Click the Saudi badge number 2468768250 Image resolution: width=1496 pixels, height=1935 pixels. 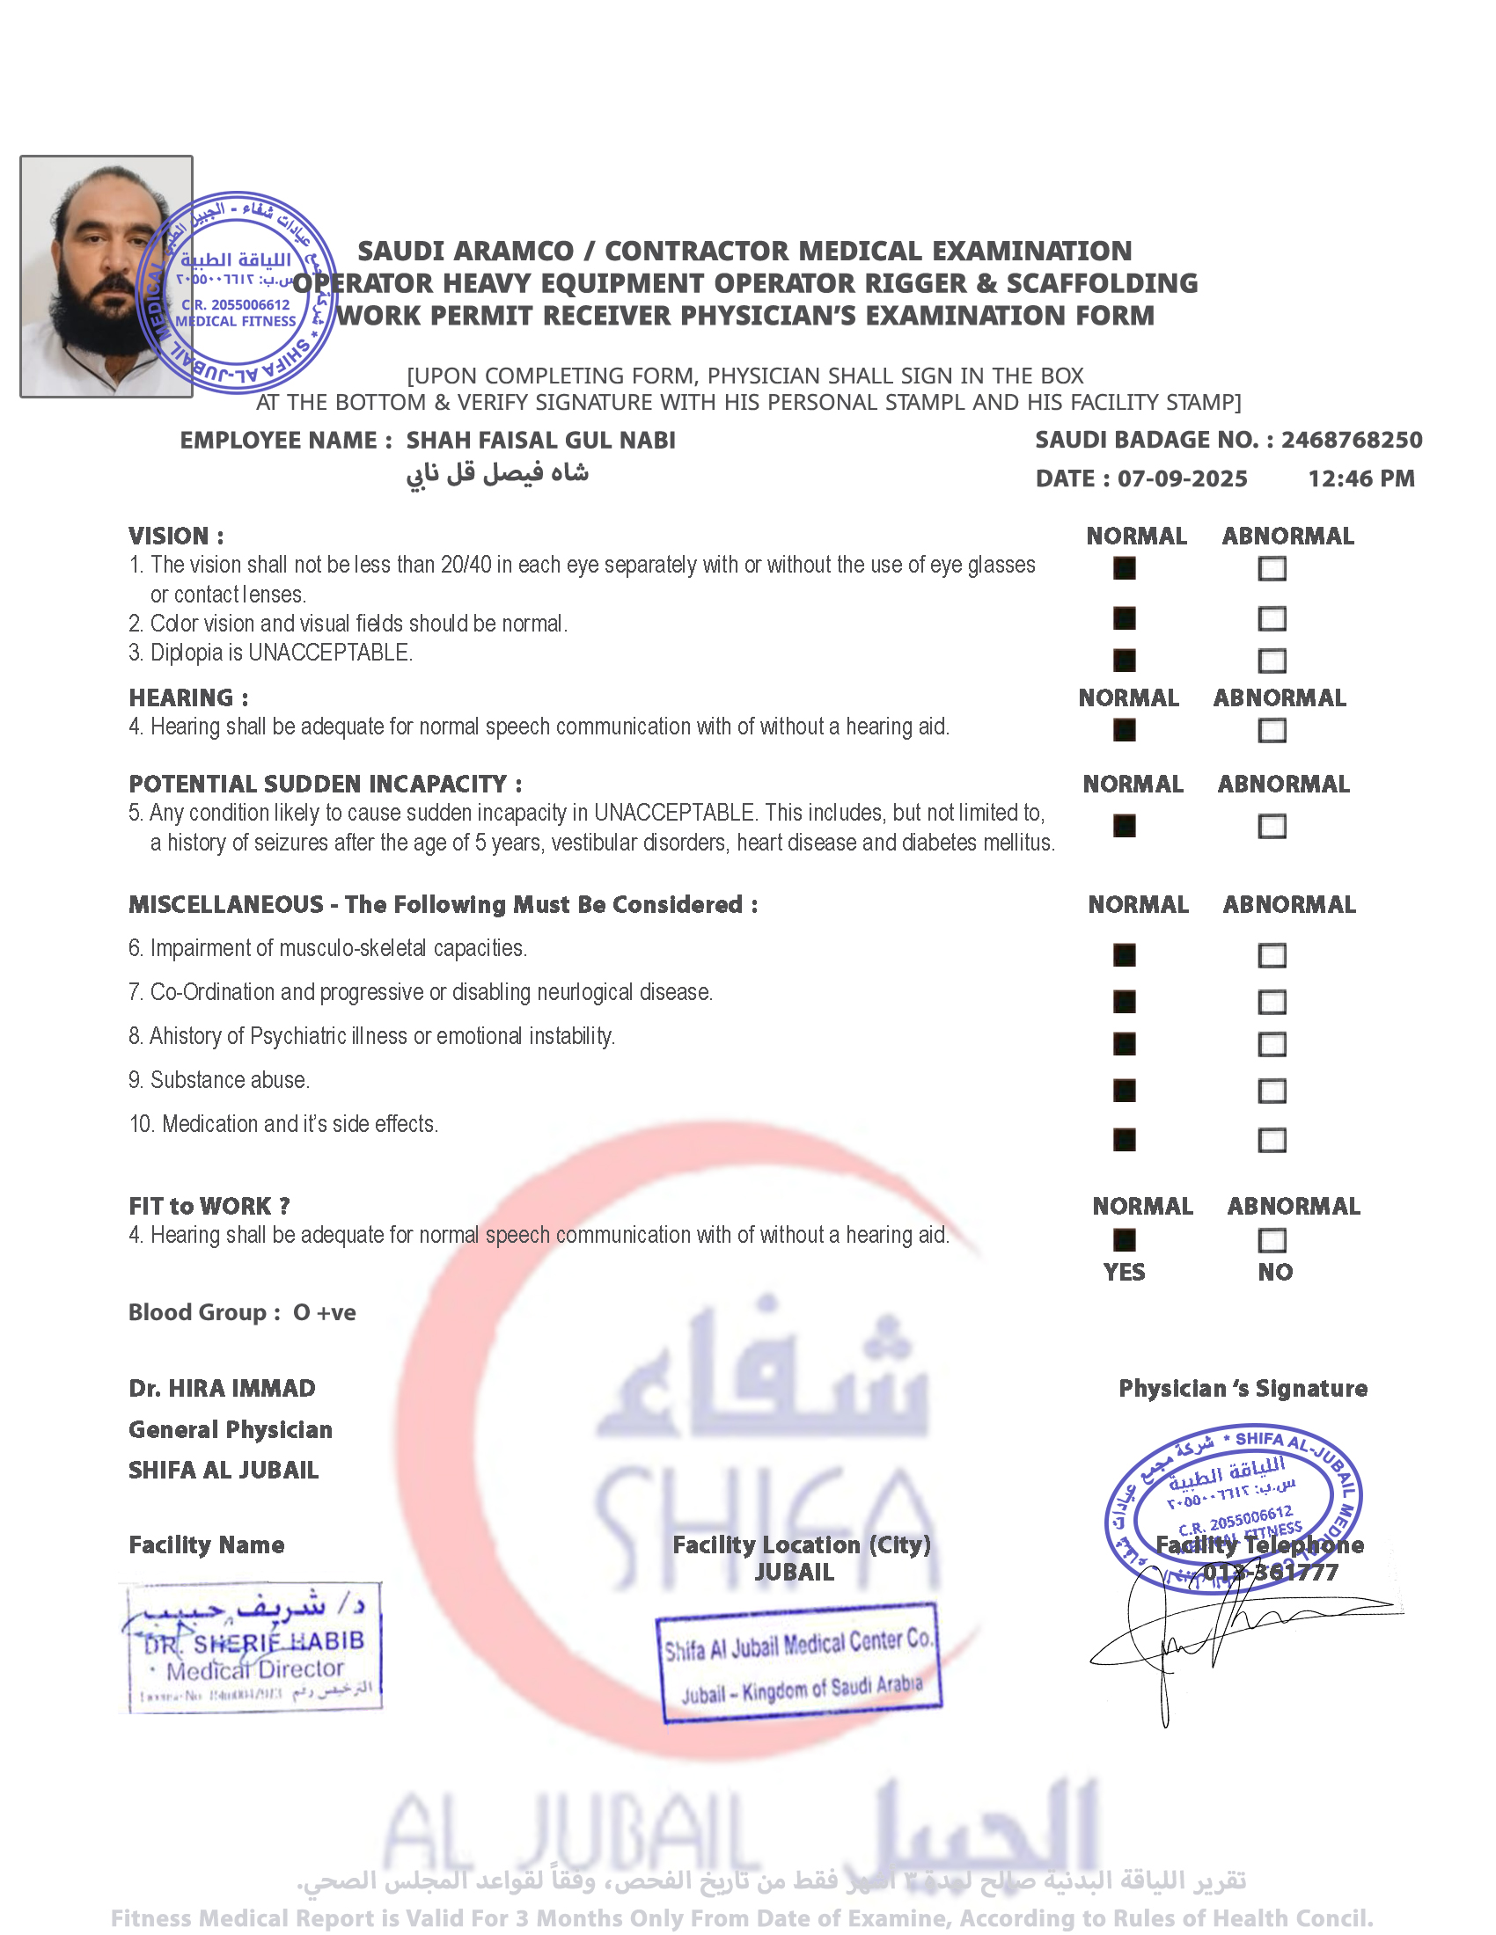[1351, 441]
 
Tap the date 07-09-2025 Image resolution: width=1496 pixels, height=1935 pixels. [1181, 479]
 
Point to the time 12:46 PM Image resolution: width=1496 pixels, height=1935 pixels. [1360, 479]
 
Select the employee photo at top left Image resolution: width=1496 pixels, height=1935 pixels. [106, 276]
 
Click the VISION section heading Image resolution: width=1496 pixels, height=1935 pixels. [175, 536]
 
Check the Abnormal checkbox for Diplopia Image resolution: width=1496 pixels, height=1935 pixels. [1272, 661]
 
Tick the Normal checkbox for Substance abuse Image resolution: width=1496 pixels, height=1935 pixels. [1124, 1091]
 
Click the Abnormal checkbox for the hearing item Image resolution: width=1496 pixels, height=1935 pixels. [1272, 731]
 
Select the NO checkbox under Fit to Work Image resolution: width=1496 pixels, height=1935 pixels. [1272, 1240]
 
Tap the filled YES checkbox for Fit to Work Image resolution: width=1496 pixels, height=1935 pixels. [1124, 1240]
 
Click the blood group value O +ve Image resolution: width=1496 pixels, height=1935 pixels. [325, 1312]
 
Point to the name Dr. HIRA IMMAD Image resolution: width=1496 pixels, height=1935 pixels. [222, 1388]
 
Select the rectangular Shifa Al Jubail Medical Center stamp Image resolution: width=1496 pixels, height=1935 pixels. [798, 1663]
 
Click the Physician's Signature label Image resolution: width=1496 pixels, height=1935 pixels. [1243, 1388]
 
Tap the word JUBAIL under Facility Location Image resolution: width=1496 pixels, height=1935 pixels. [794, 1572]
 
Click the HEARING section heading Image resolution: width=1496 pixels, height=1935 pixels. [188, 698]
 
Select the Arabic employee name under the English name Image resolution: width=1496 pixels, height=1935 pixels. [497, 474]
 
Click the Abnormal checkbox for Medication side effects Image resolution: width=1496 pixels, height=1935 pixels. [1272, 1140]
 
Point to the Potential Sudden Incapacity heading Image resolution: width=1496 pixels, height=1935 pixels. [326, 784]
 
